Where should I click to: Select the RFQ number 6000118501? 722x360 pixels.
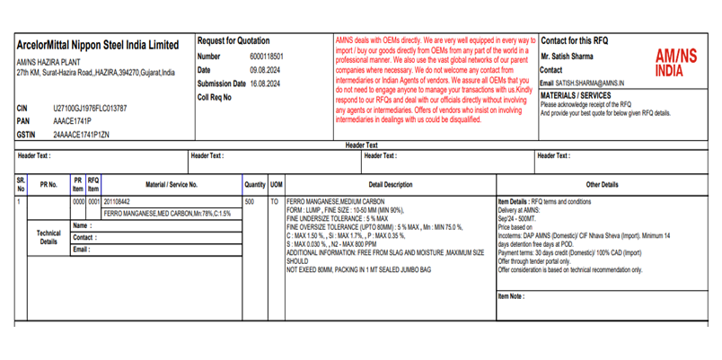point(268,56)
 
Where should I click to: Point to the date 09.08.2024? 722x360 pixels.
point(266,69)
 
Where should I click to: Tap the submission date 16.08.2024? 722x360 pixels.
point(269,83)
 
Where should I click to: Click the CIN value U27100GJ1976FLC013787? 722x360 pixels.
point(90,108)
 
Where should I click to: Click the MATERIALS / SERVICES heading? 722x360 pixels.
point(575,94)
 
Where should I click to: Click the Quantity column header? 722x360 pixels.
point(255,184)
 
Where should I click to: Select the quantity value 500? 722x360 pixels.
point(250,202)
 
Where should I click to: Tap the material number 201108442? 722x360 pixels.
point(117,202)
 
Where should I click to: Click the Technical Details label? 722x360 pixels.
point(48,237)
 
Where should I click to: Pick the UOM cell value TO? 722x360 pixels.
point(275,202)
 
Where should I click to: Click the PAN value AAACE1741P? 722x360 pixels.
point(73,120)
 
